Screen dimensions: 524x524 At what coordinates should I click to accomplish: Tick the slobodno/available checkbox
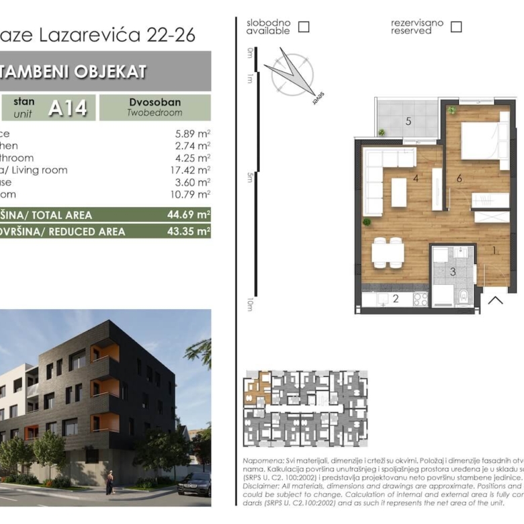tap(304, 27)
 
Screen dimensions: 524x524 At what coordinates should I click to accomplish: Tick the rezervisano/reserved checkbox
tap(456, 27)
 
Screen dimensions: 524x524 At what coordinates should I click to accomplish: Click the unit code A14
tap(68, 108)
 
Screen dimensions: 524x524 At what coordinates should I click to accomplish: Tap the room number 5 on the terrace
tap(408, 122)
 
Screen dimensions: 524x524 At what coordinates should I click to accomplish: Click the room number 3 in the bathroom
tap(453, 272)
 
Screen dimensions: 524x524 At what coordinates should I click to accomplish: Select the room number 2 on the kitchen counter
tap(396, 299)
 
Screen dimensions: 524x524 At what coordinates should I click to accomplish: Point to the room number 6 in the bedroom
tap(459, 178)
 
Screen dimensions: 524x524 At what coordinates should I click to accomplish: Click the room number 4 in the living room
tap(417, 179)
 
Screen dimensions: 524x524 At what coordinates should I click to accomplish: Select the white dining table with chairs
tap(388, 253)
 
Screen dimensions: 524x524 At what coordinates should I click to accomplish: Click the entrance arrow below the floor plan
tap(496, 300)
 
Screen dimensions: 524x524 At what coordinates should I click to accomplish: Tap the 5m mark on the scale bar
tap(250, 177)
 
